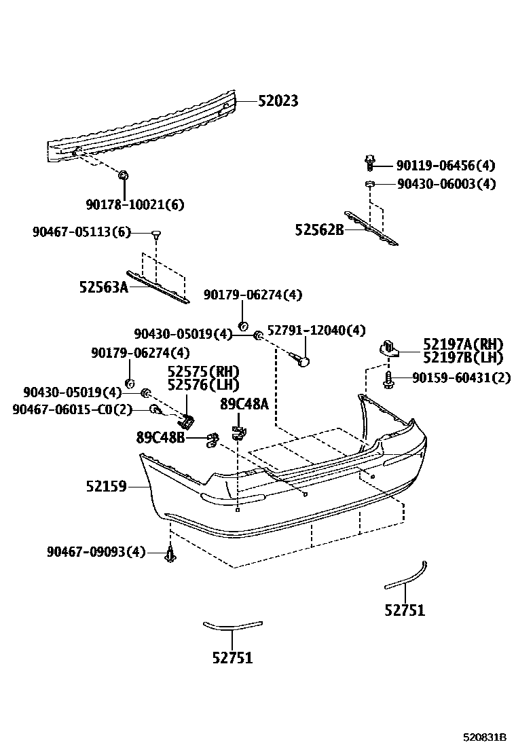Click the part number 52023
click(x=278, y=101)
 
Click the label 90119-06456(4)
click(x=445, y=165)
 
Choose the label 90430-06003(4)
click(x=445, y=184)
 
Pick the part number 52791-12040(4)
click(x=316, y=331)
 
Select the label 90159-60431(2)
click(x=461, y=377)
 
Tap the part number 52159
click(x=106, y=486)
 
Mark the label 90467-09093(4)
click(x=96, y=552)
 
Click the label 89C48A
click(x=244, y=405)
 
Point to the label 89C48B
click(x=160, y=438)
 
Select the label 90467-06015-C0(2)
click(x=71, y=409)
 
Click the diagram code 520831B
click(x=485, y=737)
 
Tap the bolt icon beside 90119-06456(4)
click(x=369, y=163)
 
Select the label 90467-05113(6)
click(x=81, y=232)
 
